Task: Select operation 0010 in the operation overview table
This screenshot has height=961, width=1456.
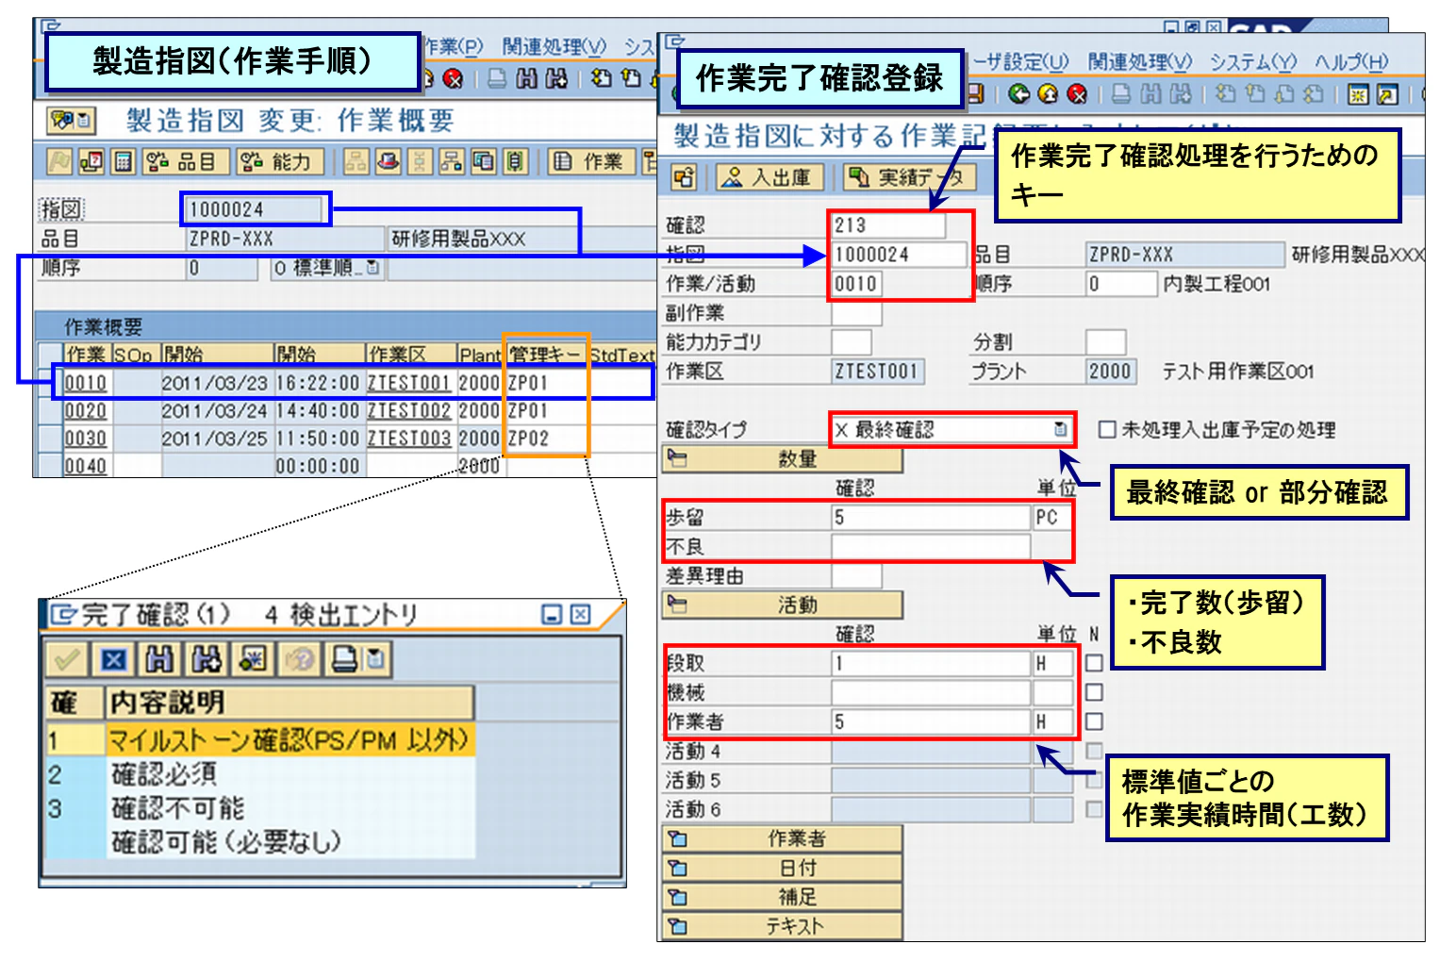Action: (85, 383)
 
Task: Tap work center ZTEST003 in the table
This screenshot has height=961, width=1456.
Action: (408, 439)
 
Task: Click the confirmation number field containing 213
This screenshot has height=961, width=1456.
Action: (886, 225)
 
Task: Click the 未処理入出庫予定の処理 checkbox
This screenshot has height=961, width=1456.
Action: (1107, 430)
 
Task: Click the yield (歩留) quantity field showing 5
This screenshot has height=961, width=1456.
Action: (930, 518)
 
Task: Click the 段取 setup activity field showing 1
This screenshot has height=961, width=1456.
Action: (930, 663)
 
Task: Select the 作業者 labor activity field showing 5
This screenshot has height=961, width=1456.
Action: (930, 721)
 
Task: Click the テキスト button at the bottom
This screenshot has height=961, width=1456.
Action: (783, 927)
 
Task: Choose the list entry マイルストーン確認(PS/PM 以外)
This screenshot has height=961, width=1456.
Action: (288, 739)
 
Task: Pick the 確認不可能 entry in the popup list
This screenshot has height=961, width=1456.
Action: (178, 808)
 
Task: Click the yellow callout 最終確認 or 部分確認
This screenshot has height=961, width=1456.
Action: (1258, 492)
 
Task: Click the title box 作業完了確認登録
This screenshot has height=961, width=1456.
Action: (819, 78)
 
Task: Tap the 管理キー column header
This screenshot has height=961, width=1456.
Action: (545, 355)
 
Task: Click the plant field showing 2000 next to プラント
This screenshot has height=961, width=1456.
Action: (1109, 372)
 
